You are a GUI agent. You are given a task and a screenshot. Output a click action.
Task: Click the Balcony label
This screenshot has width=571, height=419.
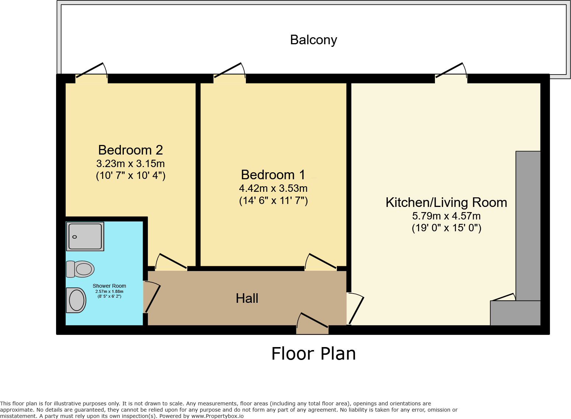[x=313, y=40]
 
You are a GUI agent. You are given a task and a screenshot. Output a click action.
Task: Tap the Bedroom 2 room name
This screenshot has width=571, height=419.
[x=130, y=150]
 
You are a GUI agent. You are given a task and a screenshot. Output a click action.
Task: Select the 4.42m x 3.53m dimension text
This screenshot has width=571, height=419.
[x=273, y=188]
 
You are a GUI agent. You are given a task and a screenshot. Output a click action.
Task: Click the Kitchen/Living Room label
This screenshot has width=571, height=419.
[x=446, y=202]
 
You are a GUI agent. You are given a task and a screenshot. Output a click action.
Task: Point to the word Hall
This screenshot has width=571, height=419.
[x=247, y=298]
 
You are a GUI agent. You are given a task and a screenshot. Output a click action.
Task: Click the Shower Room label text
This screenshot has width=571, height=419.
[x=109, y=286]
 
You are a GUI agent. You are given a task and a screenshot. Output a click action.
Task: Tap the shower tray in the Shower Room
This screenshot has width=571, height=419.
[x=85, y=236]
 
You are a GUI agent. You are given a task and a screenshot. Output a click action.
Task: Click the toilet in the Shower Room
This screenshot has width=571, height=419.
[x=80, y=269]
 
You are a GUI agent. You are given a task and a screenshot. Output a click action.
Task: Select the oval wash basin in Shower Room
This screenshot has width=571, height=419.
[x=76, y=300]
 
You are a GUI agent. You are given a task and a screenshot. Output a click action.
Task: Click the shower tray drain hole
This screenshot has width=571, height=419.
[x=74, y=237]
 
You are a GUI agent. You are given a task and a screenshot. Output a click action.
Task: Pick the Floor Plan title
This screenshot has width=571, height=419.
[x=313, y=354]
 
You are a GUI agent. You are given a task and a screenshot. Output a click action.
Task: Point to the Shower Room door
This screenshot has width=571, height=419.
[x=152, y=298]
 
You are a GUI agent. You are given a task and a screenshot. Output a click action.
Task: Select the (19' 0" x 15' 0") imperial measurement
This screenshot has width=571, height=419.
[x=446, y=228]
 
